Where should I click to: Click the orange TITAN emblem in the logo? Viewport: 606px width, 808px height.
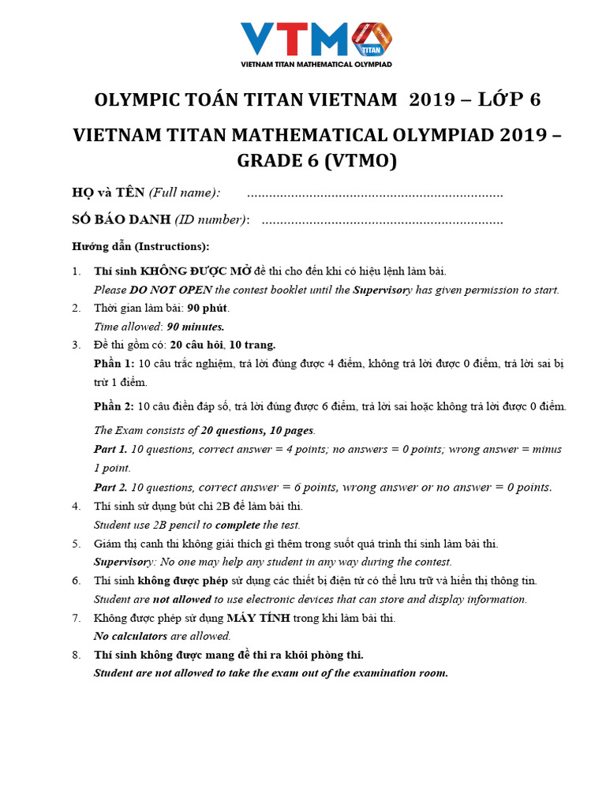370,39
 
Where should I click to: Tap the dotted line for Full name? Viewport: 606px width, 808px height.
375,195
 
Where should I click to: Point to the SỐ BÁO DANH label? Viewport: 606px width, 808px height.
118,220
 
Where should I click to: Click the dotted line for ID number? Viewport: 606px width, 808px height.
382,221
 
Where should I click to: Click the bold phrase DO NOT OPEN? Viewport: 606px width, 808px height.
171,290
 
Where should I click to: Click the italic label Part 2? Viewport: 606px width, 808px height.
110,487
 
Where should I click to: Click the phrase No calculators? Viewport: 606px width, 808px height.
130,636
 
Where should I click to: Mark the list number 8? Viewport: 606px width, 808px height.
76,655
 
